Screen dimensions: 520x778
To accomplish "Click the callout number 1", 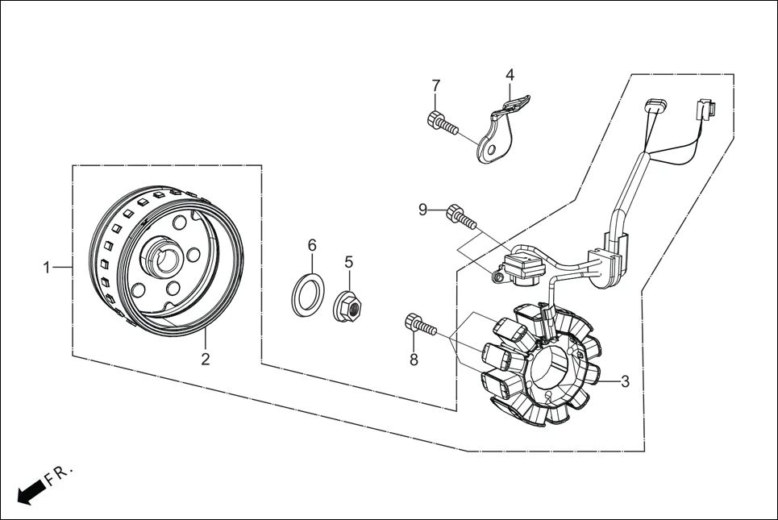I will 47,267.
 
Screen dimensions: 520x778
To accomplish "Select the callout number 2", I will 206,359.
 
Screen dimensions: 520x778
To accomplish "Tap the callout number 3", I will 625,381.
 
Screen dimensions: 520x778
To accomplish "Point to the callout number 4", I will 510,75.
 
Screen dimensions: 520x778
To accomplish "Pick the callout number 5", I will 349,262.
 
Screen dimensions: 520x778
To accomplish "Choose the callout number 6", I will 312,245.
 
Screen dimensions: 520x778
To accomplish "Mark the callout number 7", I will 435,85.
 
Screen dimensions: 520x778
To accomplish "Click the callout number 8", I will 414,360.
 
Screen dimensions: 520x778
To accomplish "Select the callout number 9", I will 422,210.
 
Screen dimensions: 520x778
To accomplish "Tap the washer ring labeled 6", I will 307,293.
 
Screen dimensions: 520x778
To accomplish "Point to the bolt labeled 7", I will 441,124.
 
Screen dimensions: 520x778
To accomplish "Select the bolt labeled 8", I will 422,327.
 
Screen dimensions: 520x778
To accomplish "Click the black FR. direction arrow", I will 29,491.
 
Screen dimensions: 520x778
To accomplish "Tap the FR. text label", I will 59,474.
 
